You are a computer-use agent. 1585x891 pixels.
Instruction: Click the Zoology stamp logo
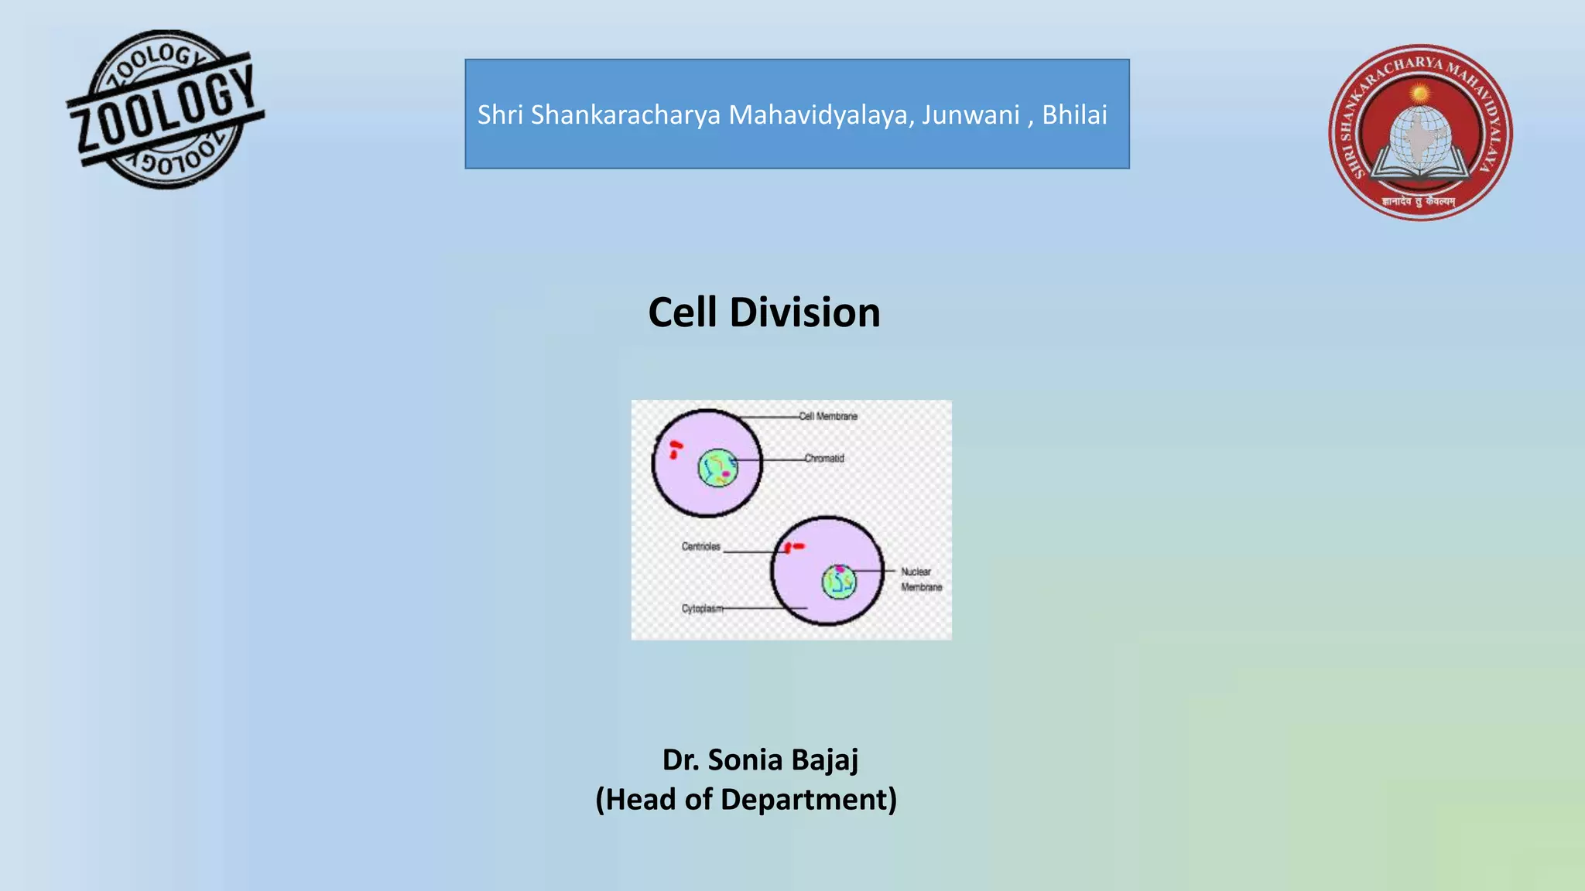166,110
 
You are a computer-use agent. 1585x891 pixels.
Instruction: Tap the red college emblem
1420,132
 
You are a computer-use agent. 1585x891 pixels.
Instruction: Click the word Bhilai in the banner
1074,114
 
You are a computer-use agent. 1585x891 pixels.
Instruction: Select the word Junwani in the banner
970,114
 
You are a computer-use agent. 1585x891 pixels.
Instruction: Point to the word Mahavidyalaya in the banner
820,114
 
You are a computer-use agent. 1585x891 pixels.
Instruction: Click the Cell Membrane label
828,416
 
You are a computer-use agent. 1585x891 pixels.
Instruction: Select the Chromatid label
824,458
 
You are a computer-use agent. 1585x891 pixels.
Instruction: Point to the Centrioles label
701,546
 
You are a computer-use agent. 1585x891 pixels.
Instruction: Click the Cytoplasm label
702,609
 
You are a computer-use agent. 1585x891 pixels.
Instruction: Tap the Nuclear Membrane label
920,579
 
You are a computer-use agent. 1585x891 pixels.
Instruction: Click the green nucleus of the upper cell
718,468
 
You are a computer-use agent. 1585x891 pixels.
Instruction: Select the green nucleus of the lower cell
839,581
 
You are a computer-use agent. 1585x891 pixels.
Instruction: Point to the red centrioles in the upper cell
675,449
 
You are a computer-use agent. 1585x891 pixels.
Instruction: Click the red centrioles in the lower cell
793,547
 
